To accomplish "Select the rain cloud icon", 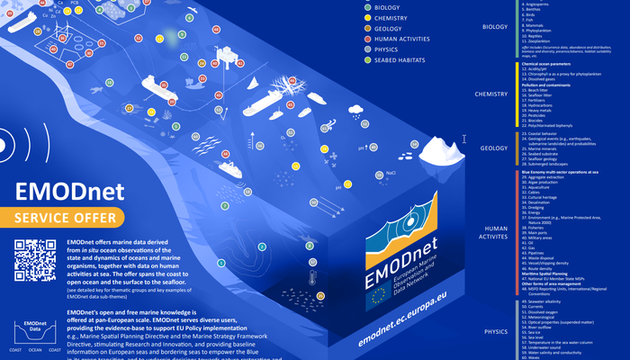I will coord(356,112).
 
